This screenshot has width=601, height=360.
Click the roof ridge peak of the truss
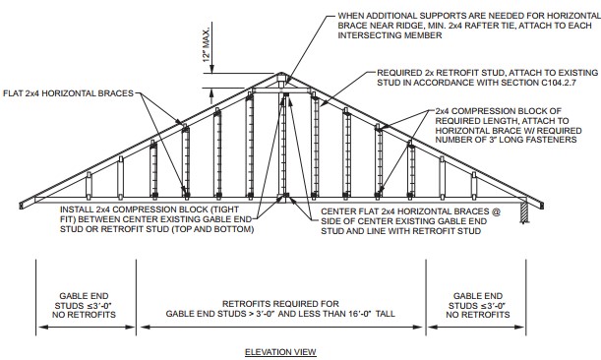[x=282, y=75]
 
